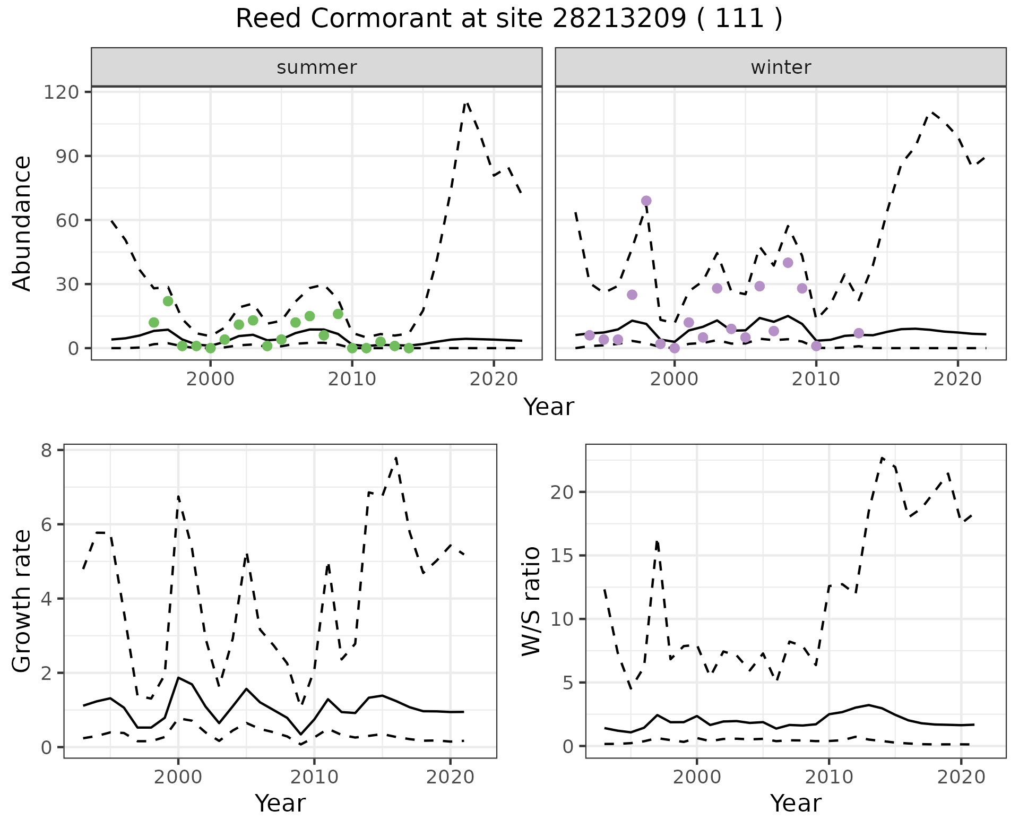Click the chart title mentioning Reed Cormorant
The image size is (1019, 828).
click(509, 19)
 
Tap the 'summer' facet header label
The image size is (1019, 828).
click(317, 67)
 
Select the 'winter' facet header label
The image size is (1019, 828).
click(781, 67)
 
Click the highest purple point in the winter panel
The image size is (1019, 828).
click(646, 201)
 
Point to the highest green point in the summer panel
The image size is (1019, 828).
click(168, 301)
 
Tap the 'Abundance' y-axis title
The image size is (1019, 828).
click(22, 223)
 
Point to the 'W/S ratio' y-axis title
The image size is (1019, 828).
click(531, 601)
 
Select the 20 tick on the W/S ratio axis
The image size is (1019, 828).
click(563, 492)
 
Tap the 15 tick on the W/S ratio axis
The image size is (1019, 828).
click(563, 556)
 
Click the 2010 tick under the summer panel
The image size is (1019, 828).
click(352, 380)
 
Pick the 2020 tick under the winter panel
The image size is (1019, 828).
click(958, 380)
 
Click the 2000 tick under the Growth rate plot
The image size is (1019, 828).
click(178, 778)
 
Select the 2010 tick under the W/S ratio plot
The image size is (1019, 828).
click(828, 778)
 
